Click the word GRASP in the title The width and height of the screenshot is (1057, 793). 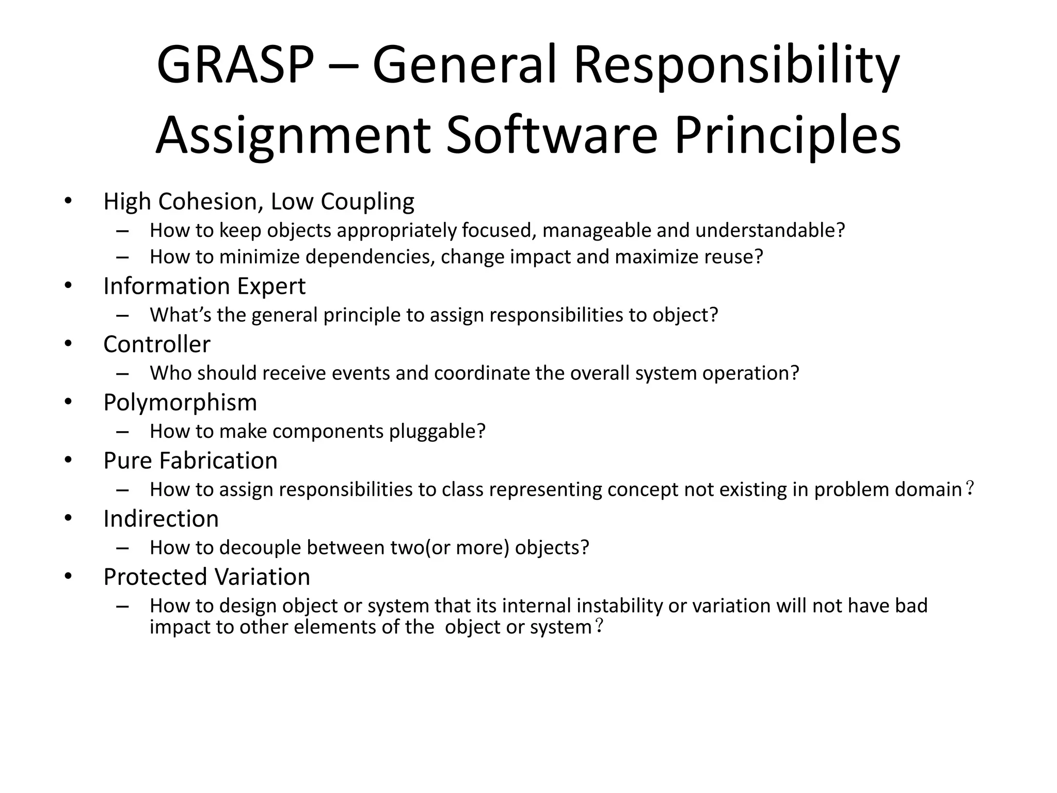tap(235, 66)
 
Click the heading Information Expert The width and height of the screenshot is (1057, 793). tap(204, 286)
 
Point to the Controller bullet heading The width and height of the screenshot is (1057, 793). tap(157, 344)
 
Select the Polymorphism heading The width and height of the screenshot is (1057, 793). tap(180, 403)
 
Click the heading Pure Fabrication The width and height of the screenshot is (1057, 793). tap(190, 461)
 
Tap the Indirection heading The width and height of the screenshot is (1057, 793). tap(161, 519)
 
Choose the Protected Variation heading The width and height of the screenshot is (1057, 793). tap(206, 577)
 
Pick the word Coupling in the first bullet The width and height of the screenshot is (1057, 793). tap(367, 201)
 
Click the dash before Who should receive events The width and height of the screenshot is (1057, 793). tap(122, 373)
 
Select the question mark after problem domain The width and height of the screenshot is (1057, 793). tap(969, 488)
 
